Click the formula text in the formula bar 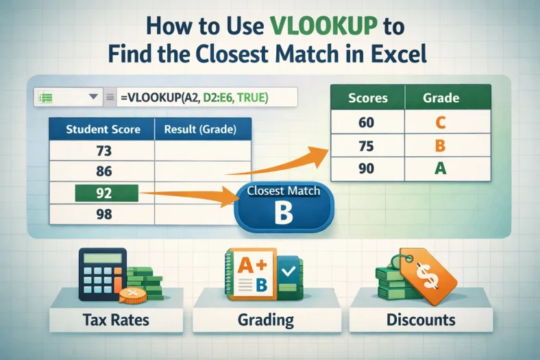point(194,97)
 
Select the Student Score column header point(103,129)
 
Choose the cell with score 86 point(103,172)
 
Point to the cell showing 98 point(103,215)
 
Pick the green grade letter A point(441,167)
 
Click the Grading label point(265,319)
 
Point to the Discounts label point(421,319)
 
